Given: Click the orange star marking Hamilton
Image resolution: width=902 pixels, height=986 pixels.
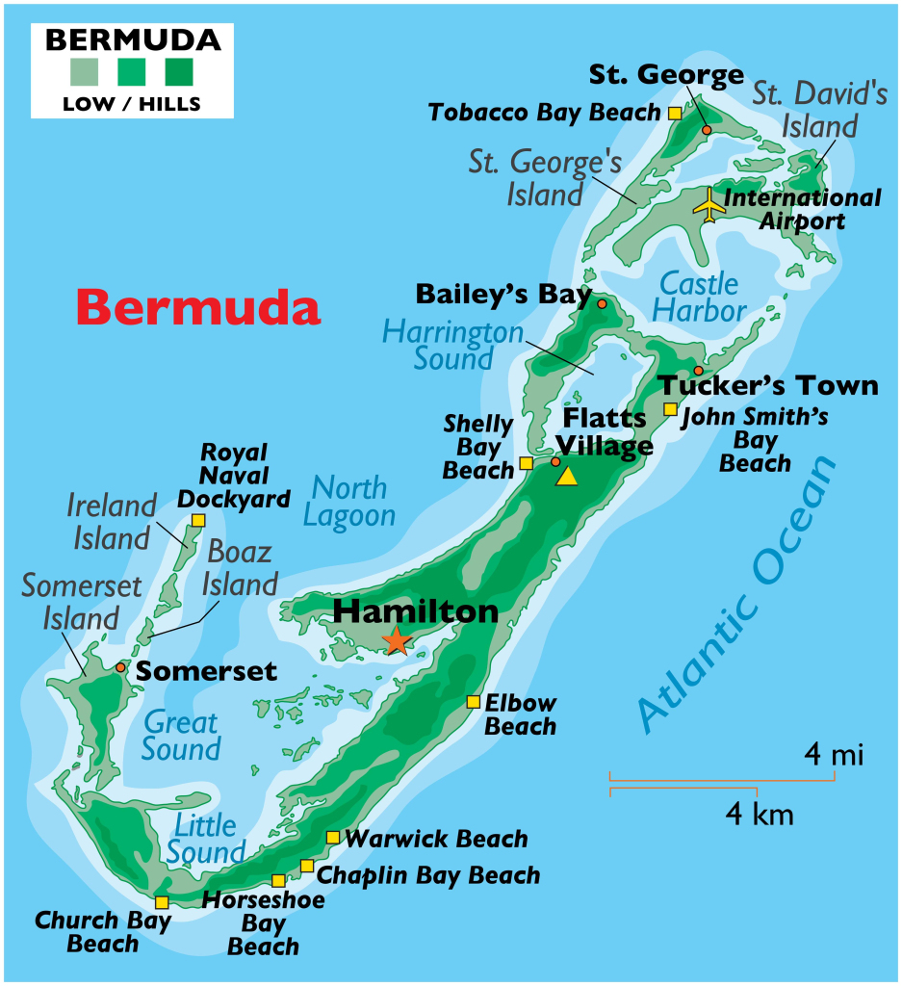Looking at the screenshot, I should [x=397, y=640].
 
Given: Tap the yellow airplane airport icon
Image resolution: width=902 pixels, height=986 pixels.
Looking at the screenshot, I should [x=709, y=204].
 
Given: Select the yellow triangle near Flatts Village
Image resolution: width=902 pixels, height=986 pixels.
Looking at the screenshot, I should [x=567, y=476].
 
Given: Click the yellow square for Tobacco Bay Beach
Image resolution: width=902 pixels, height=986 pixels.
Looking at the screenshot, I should [x=674, y=113].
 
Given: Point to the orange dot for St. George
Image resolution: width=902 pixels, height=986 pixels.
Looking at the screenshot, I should [x=706, y=130].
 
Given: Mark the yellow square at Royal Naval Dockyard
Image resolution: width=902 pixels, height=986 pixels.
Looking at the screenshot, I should [x=197, y=520].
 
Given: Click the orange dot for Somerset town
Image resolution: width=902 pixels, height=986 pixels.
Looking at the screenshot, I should [x=120, y=667].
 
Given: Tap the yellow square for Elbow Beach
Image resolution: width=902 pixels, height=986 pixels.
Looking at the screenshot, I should [x=473, y=702].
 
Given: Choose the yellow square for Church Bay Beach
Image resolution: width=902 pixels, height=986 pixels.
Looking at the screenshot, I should [x=162, y=902].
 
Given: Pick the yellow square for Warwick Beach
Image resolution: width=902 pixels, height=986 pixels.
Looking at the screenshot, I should [x=332, y=838].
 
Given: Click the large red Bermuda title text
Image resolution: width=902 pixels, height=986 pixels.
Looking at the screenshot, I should [x=197, y=308].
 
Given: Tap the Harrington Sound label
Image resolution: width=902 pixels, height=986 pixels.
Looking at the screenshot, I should [x=452, y=345].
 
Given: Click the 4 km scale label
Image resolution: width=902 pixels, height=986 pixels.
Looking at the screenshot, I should [x=759, y=816].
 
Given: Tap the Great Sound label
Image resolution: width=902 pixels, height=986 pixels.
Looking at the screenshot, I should [x=181, y=736].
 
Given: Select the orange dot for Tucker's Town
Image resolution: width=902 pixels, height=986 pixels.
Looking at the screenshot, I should [x=698, y=371].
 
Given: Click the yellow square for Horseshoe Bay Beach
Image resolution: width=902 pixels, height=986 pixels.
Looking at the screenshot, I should [x=278, y=880].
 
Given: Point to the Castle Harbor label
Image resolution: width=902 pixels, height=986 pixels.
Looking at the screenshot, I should [x=703, y=298].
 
